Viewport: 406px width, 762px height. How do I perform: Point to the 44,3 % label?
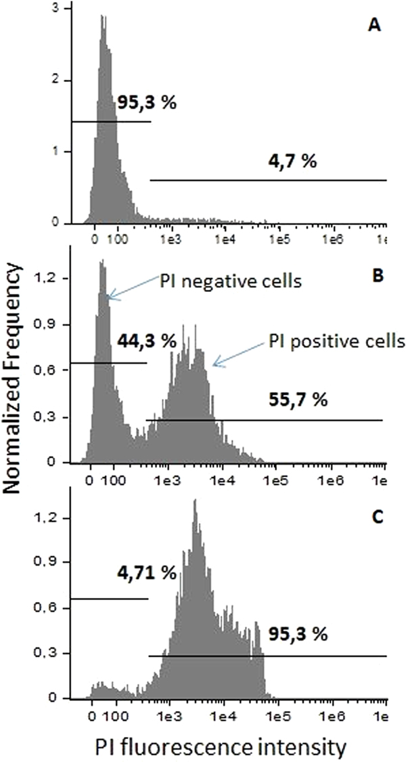pos(147,341)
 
